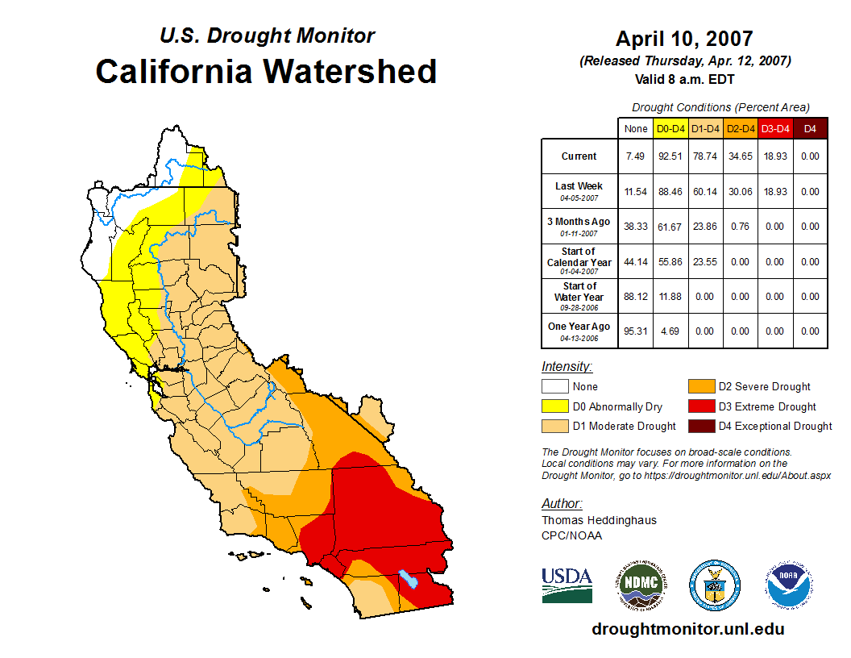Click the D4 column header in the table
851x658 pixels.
[810, 129]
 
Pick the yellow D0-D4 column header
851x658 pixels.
[671, 129]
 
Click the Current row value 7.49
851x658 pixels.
[636, 156]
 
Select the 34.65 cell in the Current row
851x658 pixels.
[741, 156]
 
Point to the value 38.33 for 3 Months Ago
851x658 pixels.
[636, 227]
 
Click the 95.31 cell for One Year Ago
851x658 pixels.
[636, 331]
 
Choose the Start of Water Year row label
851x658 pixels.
[579, 296]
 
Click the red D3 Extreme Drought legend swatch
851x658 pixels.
[699, 406]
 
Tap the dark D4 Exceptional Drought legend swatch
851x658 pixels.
[699, 426]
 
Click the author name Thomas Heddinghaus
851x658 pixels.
[599, 520]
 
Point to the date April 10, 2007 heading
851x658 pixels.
[684, 38]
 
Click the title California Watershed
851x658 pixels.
[266, 71]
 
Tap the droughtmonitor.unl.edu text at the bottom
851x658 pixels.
[687, 629]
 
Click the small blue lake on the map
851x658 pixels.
[409, 579]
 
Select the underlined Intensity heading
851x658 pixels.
[567, 366]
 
